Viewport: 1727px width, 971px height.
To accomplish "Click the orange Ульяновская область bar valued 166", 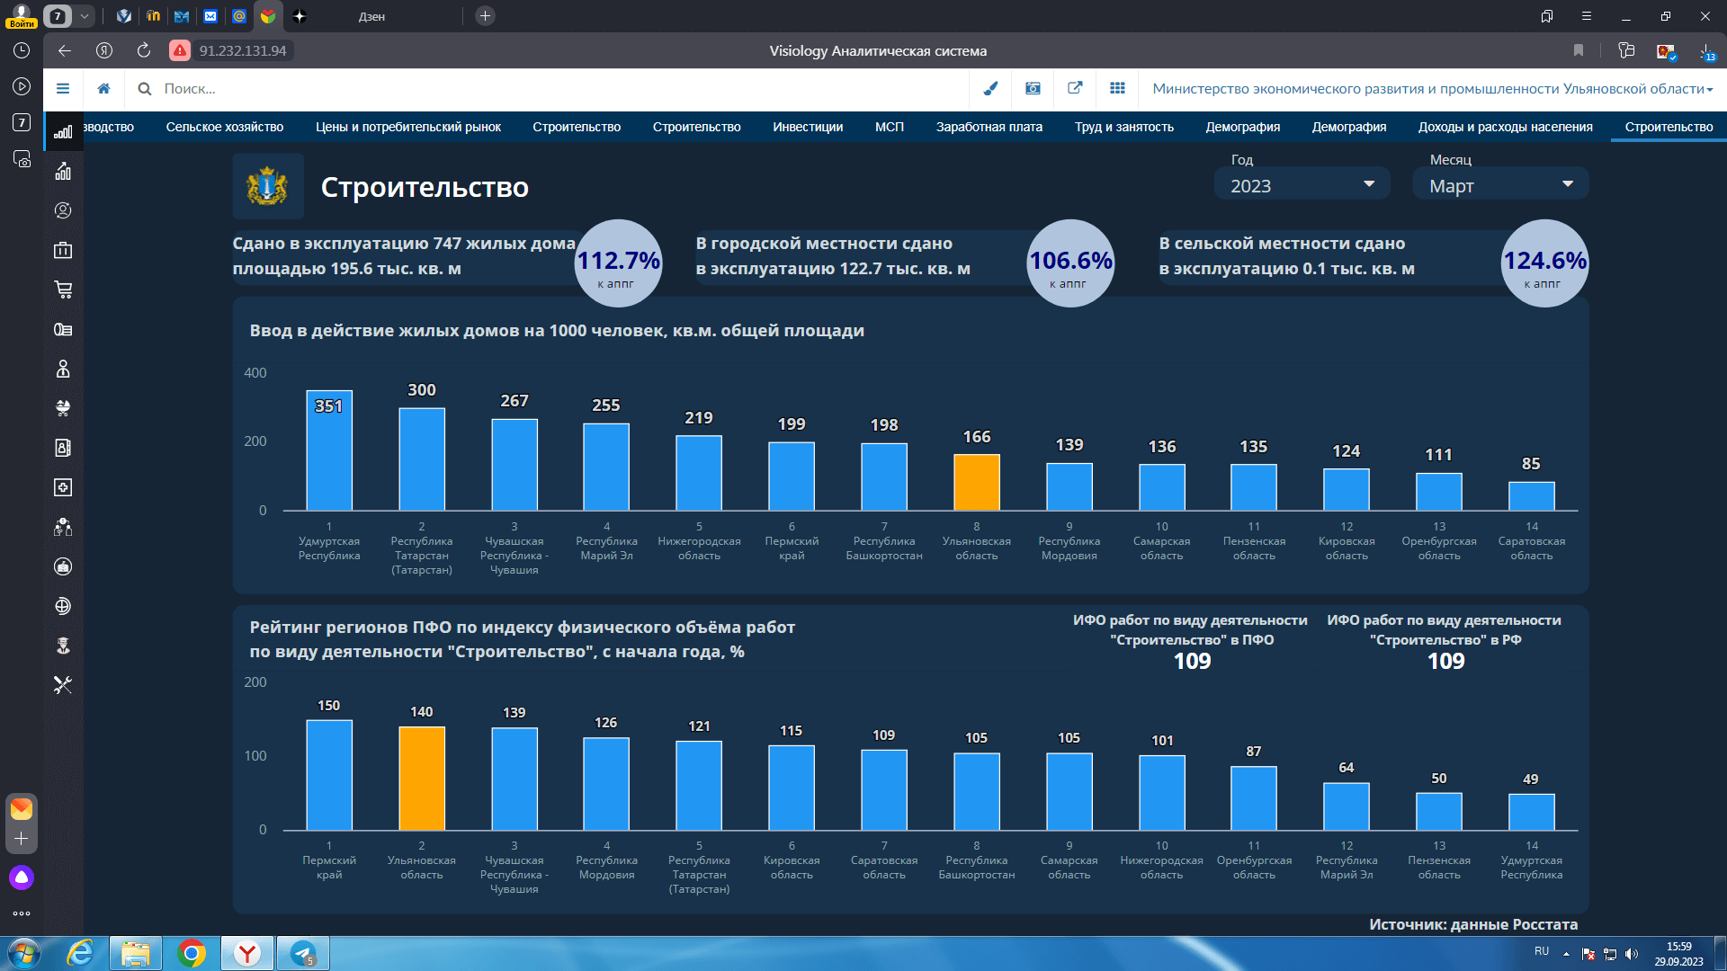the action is [x=976, y=482].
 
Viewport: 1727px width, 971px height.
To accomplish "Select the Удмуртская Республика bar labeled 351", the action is [x=329, y=450].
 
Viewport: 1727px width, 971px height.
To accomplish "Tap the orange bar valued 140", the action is [x=422, y=779].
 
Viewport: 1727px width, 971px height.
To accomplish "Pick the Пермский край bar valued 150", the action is [x=329, y=775].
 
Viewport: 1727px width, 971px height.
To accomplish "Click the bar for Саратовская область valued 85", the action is [x=1531, y=496].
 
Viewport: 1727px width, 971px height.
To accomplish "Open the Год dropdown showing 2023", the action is [x=1302, y=185].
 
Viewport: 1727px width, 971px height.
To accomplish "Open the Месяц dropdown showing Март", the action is [x=1500, y=185].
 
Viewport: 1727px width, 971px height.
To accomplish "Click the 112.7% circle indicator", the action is [x=619, y=263].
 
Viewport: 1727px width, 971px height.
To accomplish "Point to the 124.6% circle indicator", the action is [x=1544, y=263].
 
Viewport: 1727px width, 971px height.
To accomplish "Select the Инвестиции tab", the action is [x=808, y=127].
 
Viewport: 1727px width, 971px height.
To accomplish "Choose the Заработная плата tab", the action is [x=989, y=127].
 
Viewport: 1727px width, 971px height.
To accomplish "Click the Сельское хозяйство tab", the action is [x=225, y=127].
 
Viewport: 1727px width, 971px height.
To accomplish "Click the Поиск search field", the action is [x=558, y=89].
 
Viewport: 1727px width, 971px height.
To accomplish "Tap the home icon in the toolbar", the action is [x=104, y=88].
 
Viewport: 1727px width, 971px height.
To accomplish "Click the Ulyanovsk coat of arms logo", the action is [x=267, y=186].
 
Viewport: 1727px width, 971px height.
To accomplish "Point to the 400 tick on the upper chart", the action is [x=255, y=373].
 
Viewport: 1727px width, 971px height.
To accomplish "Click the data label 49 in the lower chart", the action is [x=1531, y=779].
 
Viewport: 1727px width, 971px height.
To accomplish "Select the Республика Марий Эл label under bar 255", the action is [x=607, y=548].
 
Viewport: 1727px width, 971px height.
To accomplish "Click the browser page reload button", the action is [x=144, y=50].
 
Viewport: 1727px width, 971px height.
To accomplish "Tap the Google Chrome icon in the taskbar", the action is [x=192, y=953].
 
